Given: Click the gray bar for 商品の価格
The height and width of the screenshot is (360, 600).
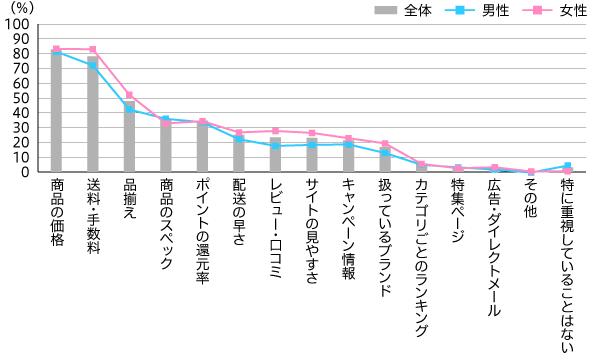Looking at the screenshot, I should [56, 112].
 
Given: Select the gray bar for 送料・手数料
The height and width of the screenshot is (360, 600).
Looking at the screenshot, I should [93, 115].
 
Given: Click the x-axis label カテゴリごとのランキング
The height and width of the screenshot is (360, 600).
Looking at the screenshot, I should [421, 249].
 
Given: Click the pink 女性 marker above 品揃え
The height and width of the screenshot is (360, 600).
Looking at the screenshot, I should [129, 95].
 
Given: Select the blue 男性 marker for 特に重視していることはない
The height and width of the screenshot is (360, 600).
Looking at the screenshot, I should [567, 166].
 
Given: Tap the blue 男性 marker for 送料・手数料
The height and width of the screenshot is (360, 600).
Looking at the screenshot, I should [93, 65].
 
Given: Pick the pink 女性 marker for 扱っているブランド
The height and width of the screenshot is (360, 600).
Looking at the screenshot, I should [384, 144].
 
